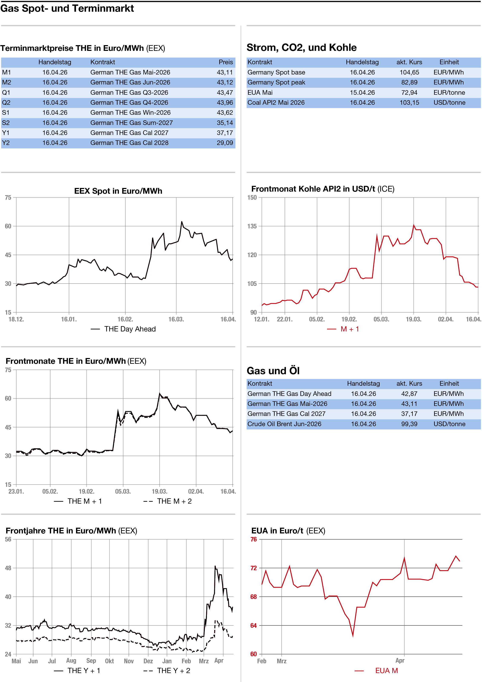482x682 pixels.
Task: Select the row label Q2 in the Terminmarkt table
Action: tap(6, 102)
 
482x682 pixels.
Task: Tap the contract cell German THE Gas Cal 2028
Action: tap(129, 143)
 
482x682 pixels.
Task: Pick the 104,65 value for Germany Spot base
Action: tap(409, 72)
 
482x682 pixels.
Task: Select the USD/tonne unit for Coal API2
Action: tap(449, 102)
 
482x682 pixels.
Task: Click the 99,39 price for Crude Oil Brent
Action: tap(409, 424)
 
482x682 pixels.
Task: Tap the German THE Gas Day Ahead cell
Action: tap(289, 394)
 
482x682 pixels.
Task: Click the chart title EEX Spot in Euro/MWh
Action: tap(118, 191)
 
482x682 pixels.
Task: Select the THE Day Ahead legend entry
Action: tap(130, 329)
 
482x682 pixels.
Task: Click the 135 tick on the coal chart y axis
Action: tap(252, 226)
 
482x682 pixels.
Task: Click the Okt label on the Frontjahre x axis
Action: tap(109, 661)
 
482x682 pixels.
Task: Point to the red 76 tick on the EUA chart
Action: tap(254, 539)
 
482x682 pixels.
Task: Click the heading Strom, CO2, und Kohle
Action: tap(301, 47)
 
